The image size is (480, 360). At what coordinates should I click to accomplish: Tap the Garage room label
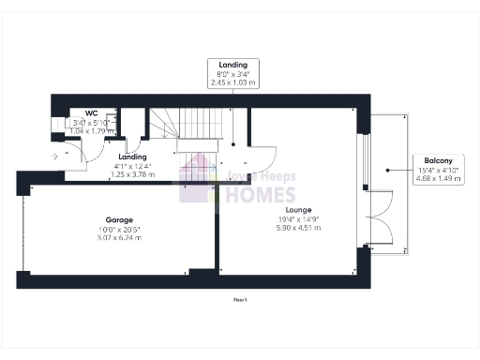pos(119,218)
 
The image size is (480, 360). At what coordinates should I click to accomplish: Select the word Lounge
pos(300,210)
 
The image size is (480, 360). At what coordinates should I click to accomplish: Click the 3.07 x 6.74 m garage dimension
pos(119,238)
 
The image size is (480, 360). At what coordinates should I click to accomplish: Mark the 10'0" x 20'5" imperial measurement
pos(119,229)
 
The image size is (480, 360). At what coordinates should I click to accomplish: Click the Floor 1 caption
pos(239,300)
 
